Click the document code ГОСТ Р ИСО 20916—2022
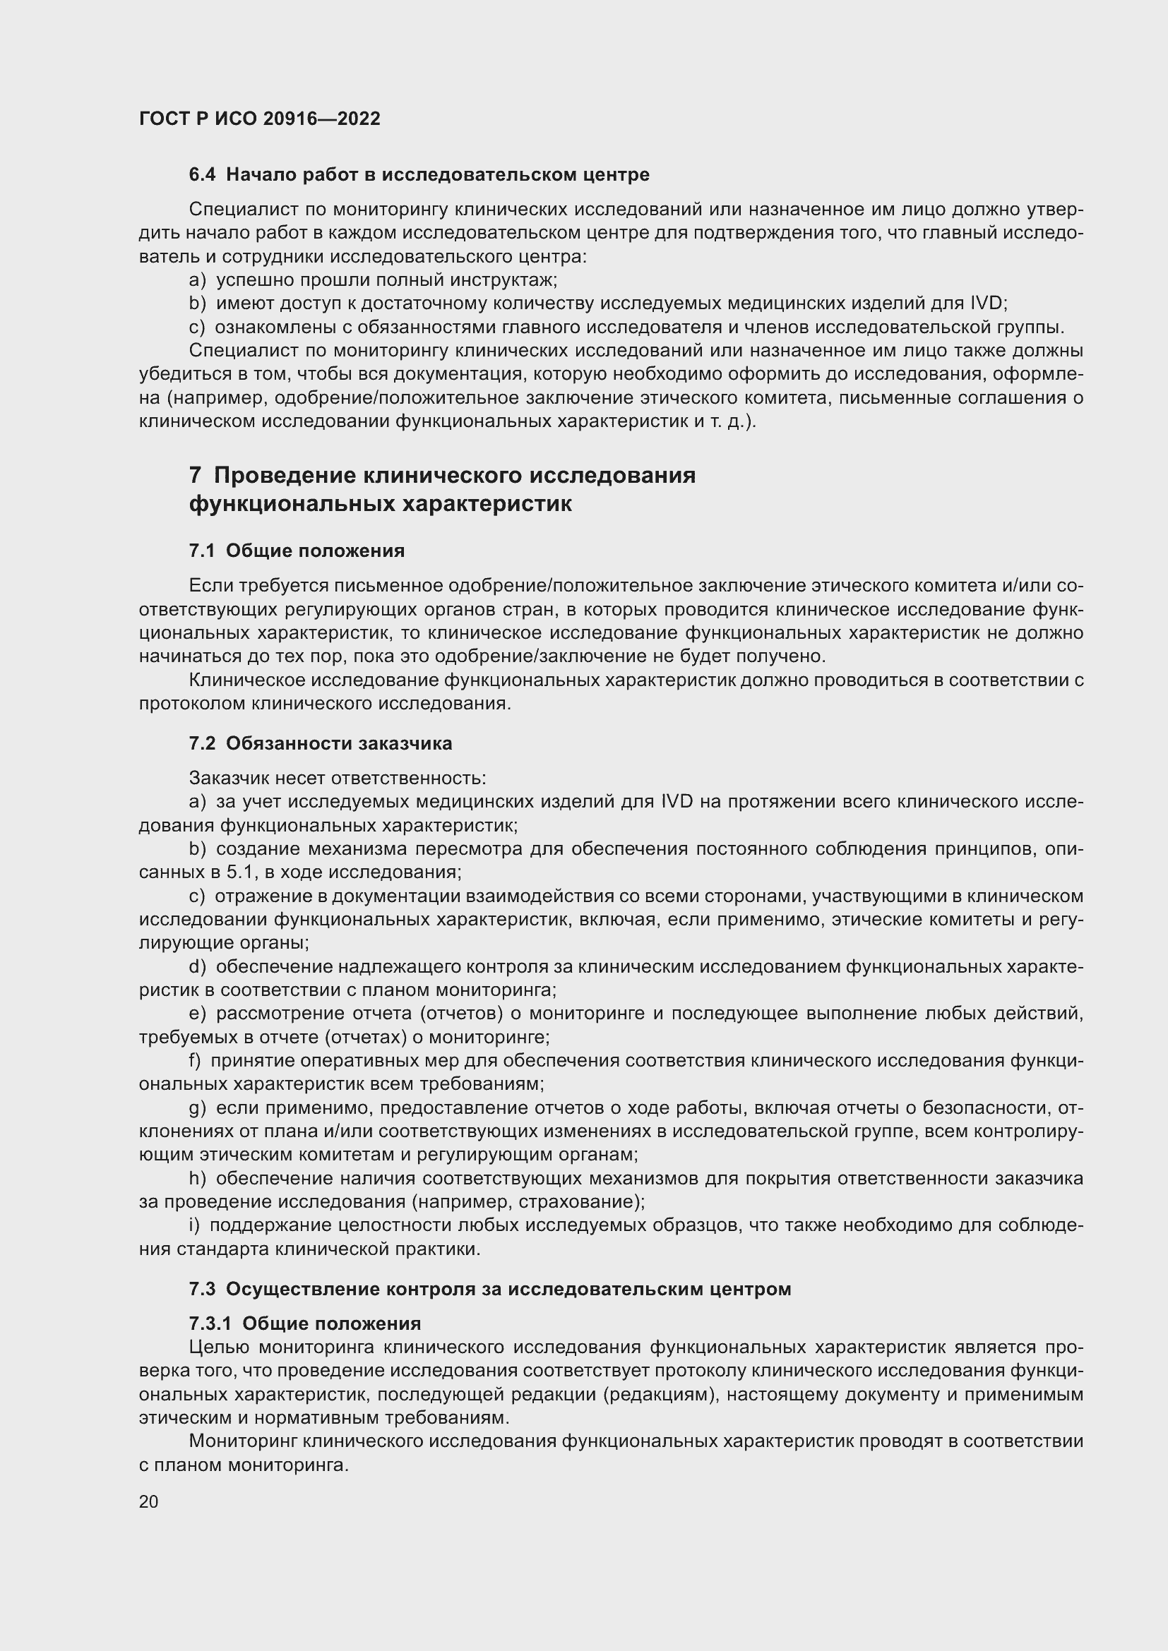point(260,119)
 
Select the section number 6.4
point(202,174)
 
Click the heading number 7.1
point(202,551)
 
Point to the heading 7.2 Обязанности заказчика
point(321,743)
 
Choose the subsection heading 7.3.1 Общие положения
point(305,1323)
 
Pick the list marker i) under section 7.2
point(194,1225)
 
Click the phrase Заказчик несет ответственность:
point(338,778)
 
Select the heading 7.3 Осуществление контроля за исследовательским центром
point(490,1289)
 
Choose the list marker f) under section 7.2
point(195,1061)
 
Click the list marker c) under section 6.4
point(197,328)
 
